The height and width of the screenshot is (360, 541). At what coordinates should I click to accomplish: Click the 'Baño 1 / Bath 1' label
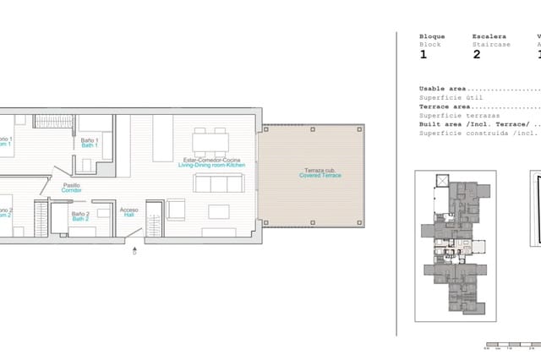(90, 141)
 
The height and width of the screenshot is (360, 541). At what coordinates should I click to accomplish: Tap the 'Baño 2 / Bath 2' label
(80, 216)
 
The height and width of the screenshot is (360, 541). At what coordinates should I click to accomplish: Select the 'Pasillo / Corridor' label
(71, 188)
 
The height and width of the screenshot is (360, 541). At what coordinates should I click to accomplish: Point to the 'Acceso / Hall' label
(129, 212)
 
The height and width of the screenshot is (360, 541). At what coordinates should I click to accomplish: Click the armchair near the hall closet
(177, 208)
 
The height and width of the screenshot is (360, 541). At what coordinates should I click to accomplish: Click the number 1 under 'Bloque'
(424, 54)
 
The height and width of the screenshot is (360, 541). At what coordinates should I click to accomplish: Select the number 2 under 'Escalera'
(476, 54)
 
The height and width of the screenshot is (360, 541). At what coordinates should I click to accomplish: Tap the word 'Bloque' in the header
(432, 36)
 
